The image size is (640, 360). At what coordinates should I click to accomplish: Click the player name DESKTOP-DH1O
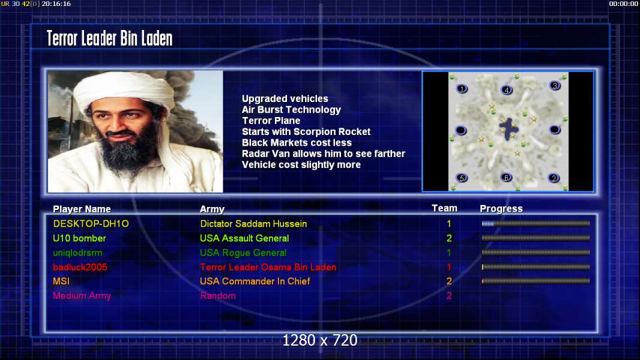(x=91, y=223)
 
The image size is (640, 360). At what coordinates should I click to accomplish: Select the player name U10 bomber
(x=79, y=238)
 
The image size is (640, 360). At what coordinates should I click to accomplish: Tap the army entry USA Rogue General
(x=243, y=253)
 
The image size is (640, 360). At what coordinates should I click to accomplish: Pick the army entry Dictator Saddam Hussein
(x=253, y=223)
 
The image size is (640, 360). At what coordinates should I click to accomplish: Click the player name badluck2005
(x=80, y=267)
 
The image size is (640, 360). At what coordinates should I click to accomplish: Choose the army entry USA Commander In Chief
(x=255, y=281)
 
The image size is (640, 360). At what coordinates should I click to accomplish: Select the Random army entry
(x=218, y=296)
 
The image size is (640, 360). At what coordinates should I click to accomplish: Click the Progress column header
(x=501, y=209)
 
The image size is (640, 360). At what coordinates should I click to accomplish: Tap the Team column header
(x=444, y=208)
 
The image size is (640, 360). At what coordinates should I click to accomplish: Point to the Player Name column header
(x=82, y=209)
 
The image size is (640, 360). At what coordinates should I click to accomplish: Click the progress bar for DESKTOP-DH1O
(x=536, y=223)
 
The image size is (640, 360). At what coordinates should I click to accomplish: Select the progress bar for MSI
(x=536, y=281)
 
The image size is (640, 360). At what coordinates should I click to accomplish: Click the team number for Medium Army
(x=449, y=296)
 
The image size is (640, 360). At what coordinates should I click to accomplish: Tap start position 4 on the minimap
(x=507, y=90)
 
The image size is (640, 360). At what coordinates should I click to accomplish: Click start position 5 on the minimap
(x=462, y=178)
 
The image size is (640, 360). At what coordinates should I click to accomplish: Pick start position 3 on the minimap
(x=555, y=86)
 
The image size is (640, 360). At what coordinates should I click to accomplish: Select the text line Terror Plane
(x=271, y=121)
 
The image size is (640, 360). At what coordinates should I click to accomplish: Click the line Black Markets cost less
(x=297, y=143)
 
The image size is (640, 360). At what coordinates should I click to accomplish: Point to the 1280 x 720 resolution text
(x=320, y=340)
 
